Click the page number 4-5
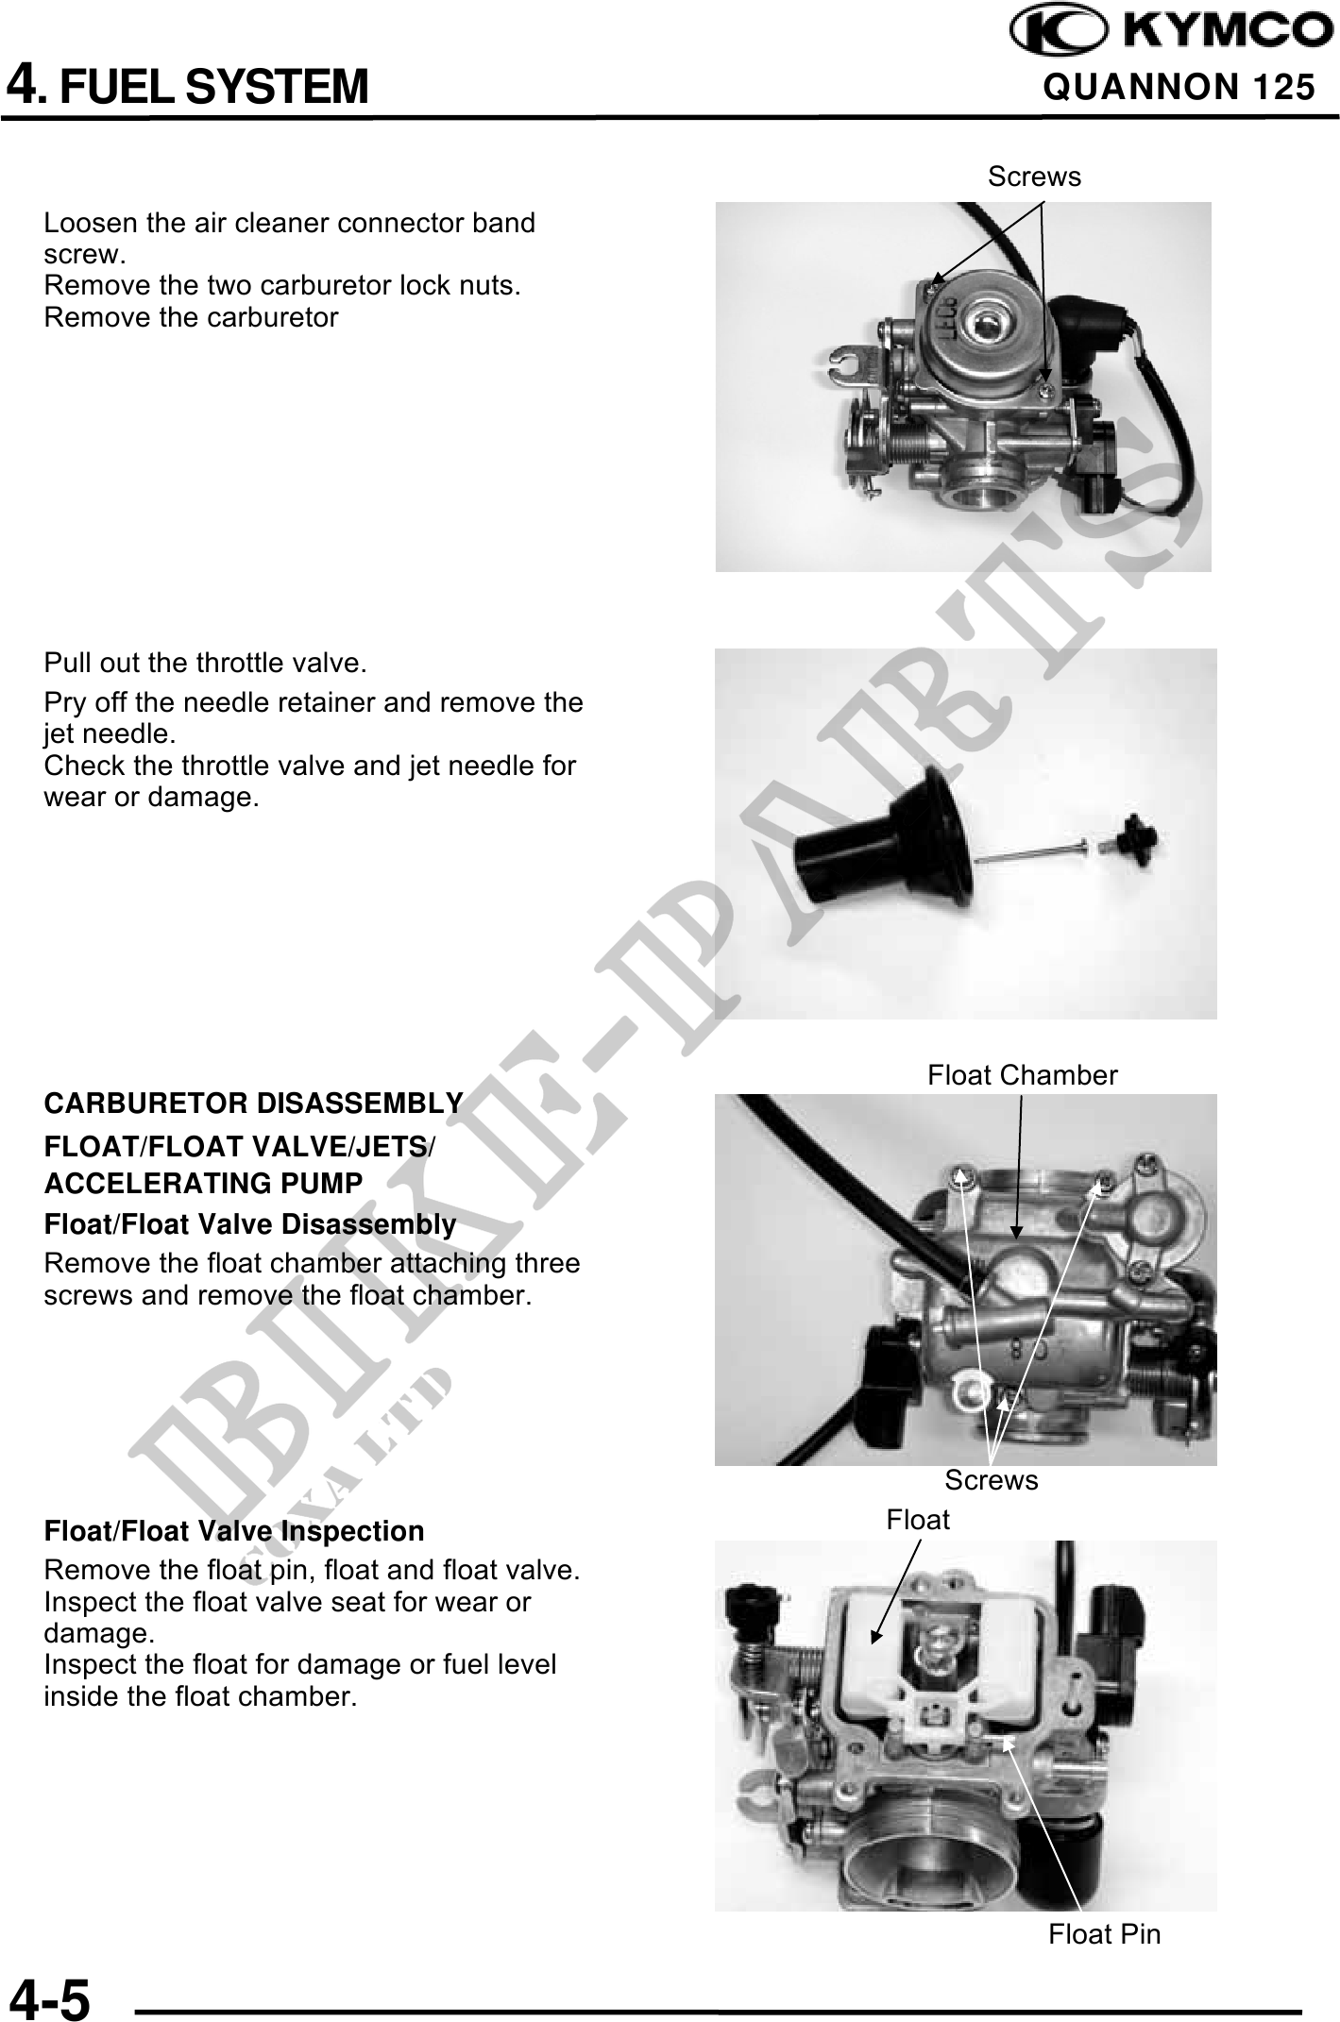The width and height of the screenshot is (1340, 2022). click(x=50, y=1996)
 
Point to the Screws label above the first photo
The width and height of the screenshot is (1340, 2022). click(x=1034, y=177)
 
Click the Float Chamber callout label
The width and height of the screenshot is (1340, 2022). click(x=1023, y=1075)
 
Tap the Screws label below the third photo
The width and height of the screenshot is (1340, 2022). click(x=992, y=1480)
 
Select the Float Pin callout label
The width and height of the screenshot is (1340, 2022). click(x=1105, y=1934)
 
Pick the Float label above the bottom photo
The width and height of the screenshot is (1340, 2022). click(x=918, y=1520)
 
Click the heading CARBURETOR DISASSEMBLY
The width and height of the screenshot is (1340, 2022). click(x=253, y=1103)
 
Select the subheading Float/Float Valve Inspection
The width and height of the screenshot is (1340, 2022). click(x=234, y=1531)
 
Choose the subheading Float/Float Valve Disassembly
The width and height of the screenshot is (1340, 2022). click(x=250, y=1225)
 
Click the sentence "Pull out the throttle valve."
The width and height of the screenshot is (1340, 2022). click(x=205, y=663)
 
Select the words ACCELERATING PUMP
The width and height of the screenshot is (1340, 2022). click(x=204, y=1184)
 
